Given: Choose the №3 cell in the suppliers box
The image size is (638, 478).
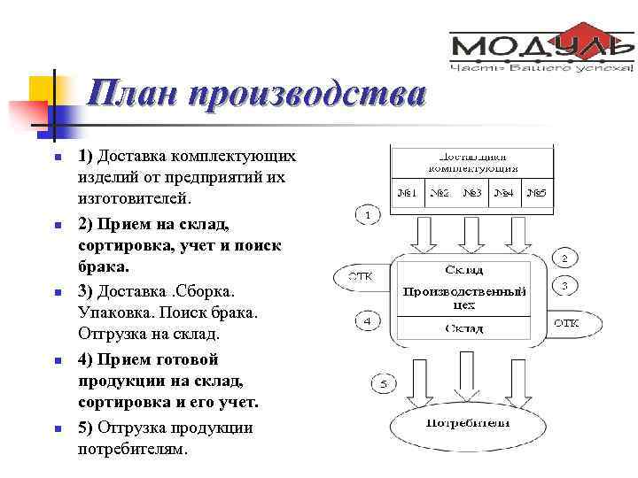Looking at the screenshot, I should click(471, 192).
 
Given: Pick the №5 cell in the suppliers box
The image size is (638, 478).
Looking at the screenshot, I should click(536, 192).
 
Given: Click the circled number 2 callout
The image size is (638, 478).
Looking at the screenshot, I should click(566, 258).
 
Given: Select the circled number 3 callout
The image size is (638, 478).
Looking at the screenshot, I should click(566, 286).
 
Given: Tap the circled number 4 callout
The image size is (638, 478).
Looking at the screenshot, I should click(368, 320).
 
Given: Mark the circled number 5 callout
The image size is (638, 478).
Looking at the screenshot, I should click(383, 383).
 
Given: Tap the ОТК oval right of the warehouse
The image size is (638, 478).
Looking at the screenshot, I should click(566, 323).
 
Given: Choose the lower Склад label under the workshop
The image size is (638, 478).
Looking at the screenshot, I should click(463, 328).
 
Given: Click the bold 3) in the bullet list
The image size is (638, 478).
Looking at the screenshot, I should click(86, 290).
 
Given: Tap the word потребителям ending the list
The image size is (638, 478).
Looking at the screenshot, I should click(133, 449).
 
